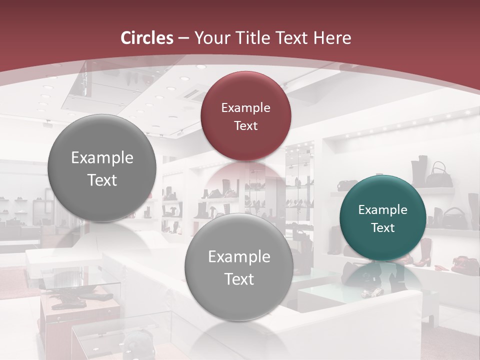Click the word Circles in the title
point(146,38)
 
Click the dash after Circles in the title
point(183,38)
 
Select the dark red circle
point(245,116)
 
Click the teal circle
point(382,218)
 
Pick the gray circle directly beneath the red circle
point(238,267)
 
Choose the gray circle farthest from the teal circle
point(102,168)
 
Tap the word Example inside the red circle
point(245,107)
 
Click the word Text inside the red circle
point(245,125)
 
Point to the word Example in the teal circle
point(382,210)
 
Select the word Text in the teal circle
point(382,227)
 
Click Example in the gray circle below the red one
point(238,257)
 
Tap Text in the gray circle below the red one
point(238,279)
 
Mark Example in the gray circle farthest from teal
point(102,158)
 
